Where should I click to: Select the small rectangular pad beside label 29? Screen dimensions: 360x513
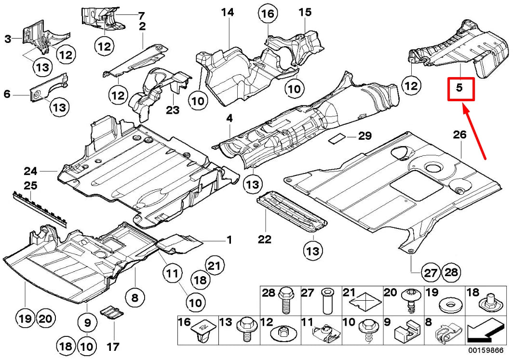[338, 139]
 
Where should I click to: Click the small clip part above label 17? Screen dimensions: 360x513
[110, 312]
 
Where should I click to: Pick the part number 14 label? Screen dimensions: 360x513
[228, 12]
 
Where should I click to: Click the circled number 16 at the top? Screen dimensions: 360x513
[268, 14]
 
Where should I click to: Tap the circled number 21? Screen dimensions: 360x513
[215, 265]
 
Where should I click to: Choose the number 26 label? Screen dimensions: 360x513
[460, 134]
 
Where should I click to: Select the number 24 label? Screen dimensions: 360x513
[30, 171]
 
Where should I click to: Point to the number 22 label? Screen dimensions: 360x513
[265, 239]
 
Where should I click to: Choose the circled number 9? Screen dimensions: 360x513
[87, 321]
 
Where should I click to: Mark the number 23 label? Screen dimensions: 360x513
[173, 110]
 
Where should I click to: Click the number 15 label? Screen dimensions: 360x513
[305, 12]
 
